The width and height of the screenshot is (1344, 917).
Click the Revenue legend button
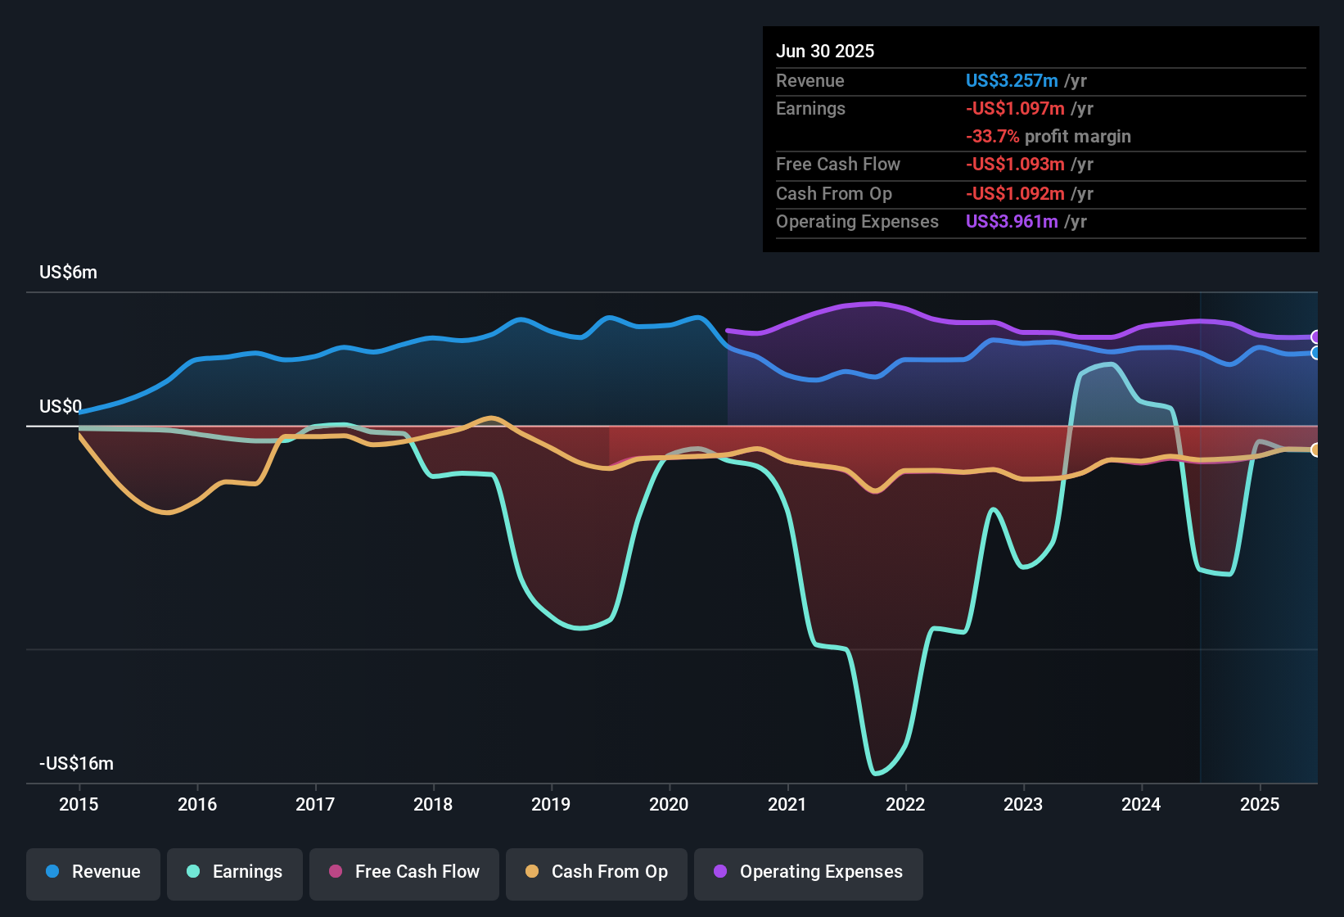pos(93,872)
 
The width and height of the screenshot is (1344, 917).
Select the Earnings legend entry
pos(235,872)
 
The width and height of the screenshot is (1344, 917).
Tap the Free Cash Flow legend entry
pos(404,872)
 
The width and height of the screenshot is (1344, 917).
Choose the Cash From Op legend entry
pos(597,872)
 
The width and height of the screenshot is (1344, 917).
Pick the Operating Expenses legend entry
pos(809,872)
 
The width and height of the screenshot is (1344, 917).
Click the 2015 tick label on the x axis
pos(79,804)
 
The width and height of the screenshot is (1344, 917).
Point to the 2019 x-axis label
pos(551,804)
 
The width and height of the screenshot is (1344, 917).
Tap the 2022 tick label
pos(905,804)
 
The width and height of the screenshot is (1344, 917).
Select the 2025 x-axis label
pos(1260,804)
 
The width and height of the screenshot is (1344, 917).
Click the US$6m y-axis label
pos(68,273)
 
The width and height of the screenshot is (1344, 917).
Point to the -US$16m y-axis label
pos(76,764)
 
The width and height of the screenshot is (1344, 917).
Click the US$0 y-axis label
pos(61,407)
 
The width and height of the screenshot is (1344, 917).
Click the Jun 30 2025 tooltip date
pos(825,51)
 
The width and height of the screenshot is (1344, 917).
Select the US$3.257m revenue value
pos(1012,80)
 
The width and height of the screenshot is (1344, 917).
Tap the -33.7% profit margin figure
pos(992,137)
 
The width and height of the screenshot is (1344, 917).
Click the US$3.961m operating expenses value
pos(1012,222)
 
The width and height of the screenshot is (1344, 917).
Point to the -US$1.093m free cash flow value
pos(1015,165)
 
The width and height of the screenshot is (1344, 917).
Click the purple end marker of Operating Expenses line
pos(1315,337)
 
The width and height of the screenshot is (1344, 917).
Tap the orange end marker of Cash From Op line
pos(1315,449)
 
